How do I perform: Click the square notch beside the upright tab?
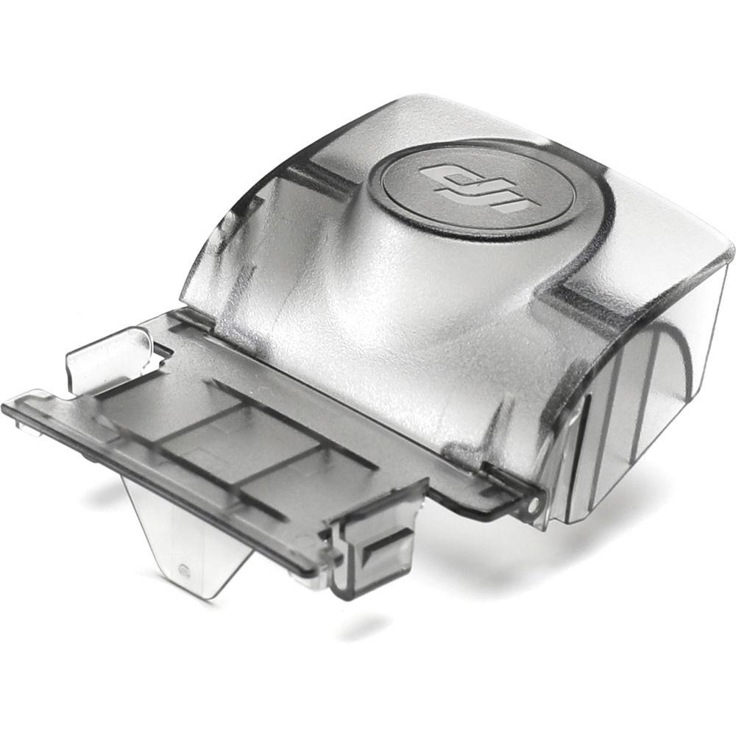(x=157, y=355)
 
